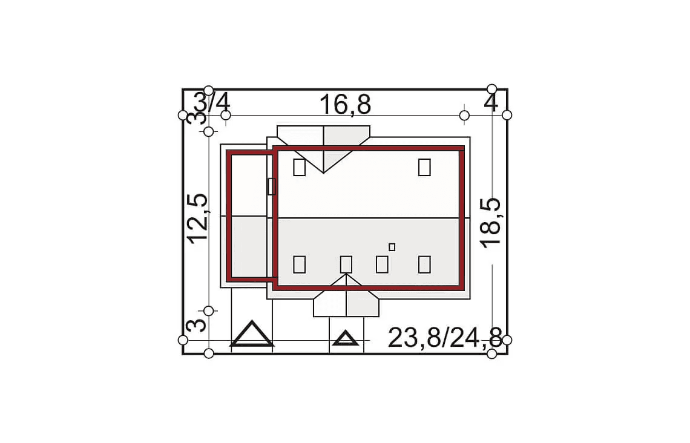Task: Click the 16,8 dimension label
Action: (345, 105)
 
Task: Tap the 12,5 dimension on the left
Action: (197, 218)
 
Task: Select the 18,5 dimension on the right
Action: (490, 223)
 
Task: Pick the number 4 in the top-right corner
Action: (491, 103)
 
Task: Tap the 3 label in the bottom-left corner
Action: (197, 326)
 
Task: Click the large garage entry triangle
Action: (252, 333)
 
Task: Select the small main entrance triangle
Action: (346, 338)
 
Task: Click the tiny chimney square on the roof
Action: (392, 248)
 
